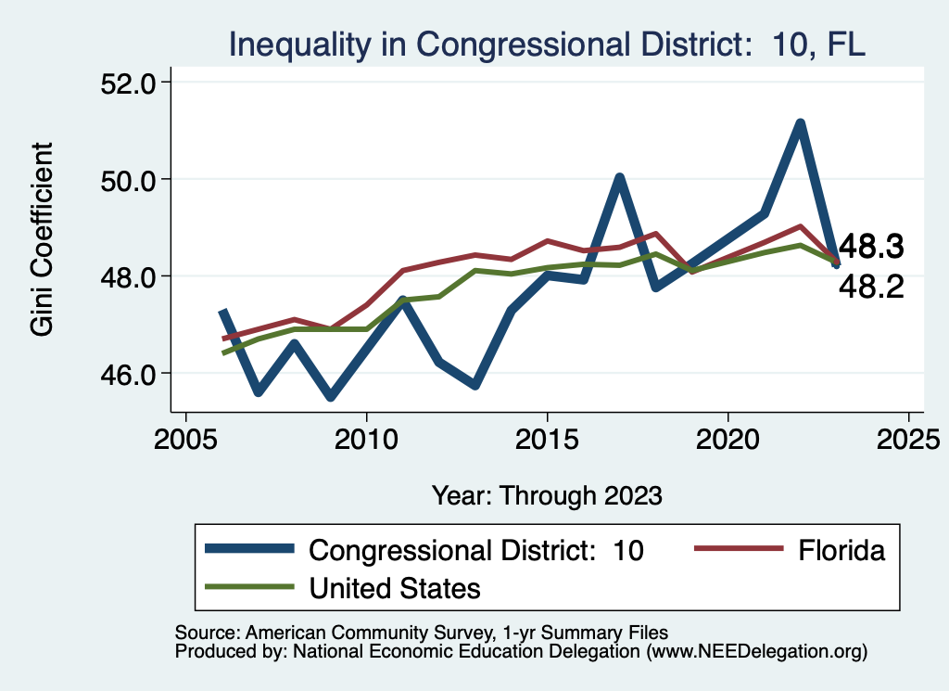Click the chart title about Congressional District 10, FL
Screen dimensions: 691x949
pyautogui.click(x=547, y=44)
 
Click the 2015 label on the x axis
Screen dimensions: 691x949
pyautogui.click(x=548, y=437)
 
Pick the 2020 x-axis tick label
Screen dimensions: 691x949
pyautogui.click(x=728, y=437)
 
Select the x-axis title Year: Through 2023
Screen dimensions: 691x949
pyautogui.click(x=547, y=495)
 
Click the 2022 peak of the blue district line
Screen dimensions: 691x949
pyautogui.click(x=800, y=123)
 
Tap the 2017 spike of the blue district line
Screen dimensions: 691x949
pyautogui.click(x=619, y=177)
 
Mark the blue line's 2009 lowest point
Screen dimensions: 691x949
pyautogui.click(x=331, y=397)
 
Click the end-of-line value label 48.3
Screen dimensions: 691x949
pyautogui.click(x=870, y=248)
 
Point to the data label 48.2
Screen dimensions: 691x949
pyautogui.click(x=870, y=288)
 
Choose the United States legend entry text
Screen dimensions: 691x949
pyautogui.click(x=395, y=587)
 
